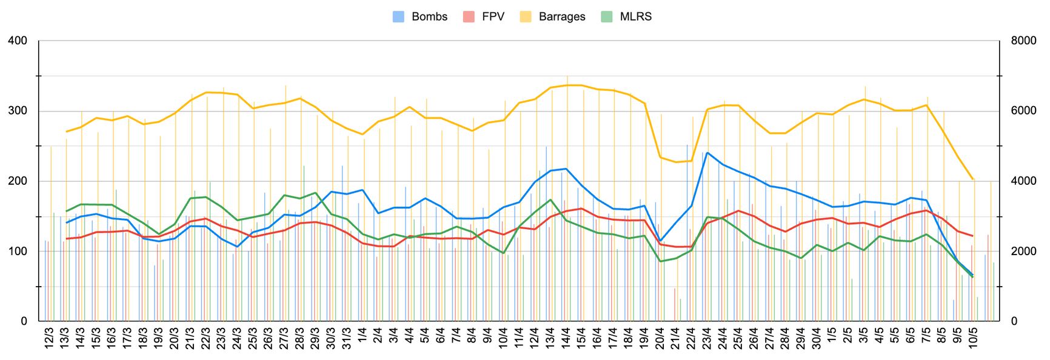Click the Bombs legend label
click(x=429, y=17)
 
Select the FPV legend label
click(x=493, y=17)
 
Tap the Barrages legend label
click(x=562, y=17)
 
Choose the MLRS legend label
click(x=635, y=17)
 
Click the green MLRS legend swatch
click(x=607, y=17)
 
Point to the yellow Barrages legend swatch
click(x=526, y=17)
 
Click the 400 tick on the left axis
click(x=18, y=41)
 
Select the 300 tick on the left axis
click(x=18, y=111)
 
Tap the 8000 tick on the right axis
click(x=1023, y=41)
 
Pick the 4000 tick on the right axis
click(x=1023, y=181)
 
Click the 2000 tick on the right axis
click(x=1023, y=252)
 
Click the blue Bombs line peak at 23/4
click(x=707, y=153)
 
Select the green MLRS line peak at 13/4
click(x=550, y=200)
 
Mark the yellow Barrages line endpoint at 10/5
click(x=973, y=179)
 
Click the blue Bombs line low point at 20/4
click(x=661, y=242)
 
